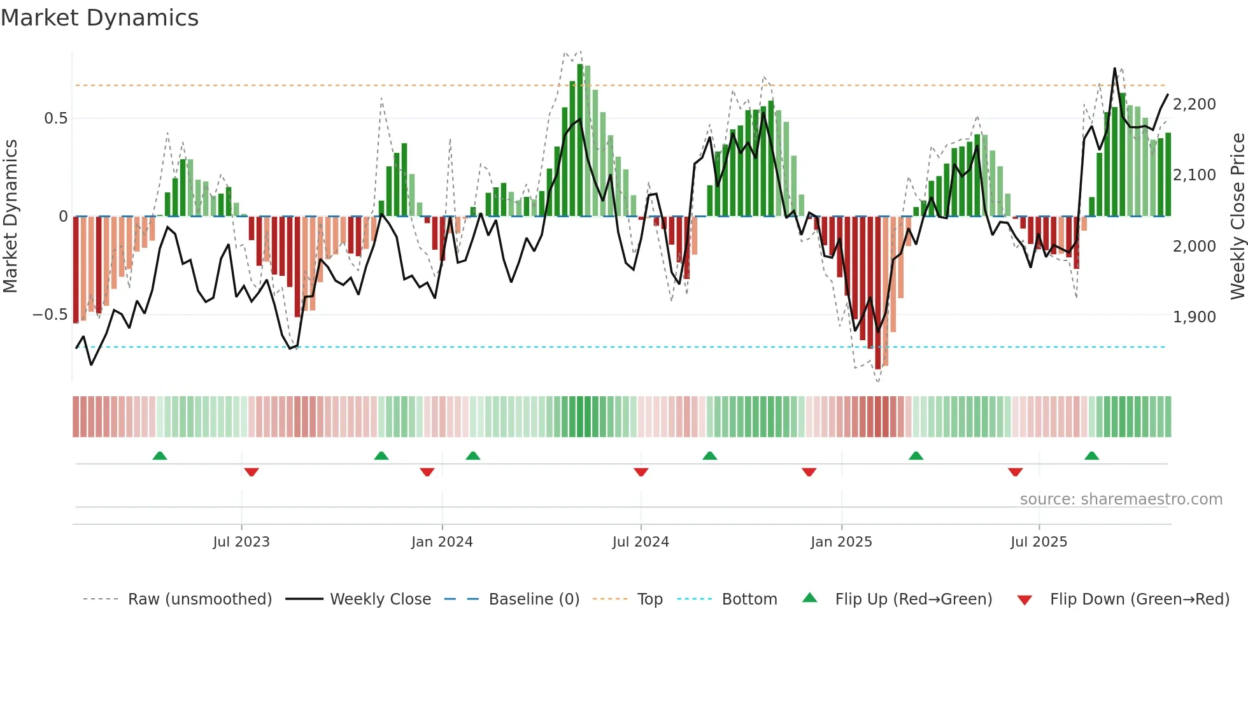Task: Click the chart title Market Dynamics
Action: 99,18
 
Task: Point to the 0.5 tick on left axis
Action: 55,118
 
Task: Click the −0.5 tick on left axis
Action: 50,315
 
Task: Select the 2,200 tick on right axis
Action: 1194,104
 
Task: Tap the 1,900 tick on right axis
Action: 1194,317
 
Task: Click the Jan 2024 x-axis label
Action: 442,542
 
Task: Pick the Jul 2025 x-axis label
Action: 1039,542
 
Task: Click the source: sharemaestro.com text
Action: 1121,499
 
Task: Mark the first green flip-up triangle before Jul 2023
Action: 160,456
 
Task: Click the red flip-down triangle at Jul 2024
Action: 641,472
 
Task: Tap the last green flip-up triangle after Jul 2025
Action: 1091,456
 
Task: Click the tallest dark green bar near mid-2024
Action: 580,140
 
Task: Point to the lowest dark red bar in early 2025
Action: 878,293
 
